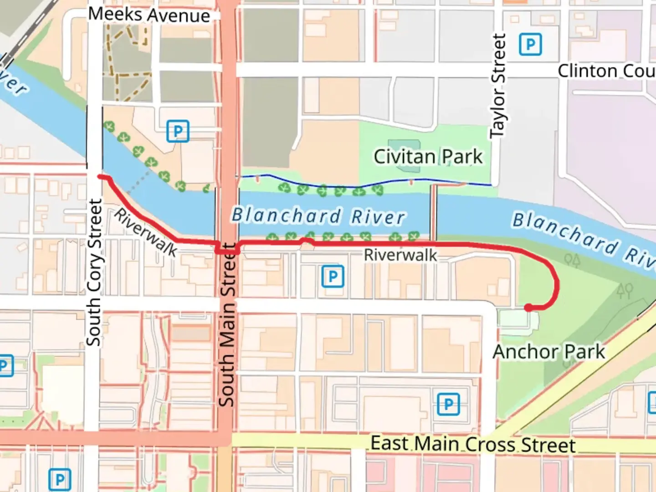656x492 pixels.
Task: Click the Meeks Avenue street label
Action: (149, 15)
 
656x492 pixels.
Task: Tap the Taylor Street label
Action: (498, 86)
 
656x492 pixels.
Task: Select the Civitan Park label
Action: (428, 157)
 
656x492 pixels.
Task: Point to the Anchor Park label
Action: (549, 352)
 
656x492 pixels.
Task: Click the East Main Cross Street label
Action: (473, 444)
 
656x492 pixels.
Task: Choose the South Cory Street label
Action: (94, 272)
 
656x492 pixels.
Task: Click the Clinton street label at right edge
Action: (606, 72)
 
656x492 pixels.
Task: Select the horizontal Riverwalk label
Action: (400, 255)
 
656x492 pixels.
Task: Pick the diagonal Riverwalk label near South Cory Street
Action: (145, 232)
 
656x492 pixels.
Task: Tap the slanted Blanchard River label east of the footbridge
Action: (583, 239)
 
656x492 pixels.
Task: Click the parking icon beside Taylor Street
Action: (530, 45)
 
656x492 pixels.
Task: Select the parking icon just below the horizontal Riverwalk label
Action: (333, 277)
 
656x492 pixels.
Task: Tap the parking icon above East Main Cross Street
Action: (448, 404)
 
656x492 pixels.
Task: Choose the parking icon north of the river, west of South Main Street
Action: (177, 131)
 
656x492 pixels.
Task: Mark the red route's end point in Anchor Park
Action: (528, 308)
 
